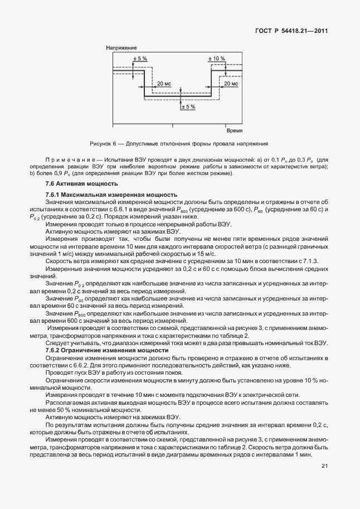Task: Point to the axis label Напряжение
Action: (121, 49)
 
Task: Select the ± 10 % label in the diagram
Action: (216, 58)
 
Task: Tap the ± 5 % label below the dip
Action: (188, 106)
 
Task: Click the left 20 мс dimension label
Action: (164, 83)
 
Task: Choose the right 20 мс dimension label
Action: (231, 83)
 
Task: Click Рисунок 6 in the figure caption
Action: (103, 143)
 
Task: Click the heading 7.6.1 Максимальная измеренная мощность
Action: (111, 195)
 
